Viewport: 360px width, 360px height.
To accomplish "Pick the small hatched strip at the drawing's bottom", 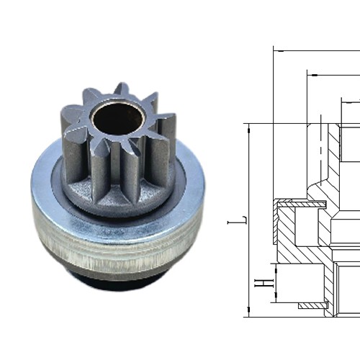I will click(x=311, y=306).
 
